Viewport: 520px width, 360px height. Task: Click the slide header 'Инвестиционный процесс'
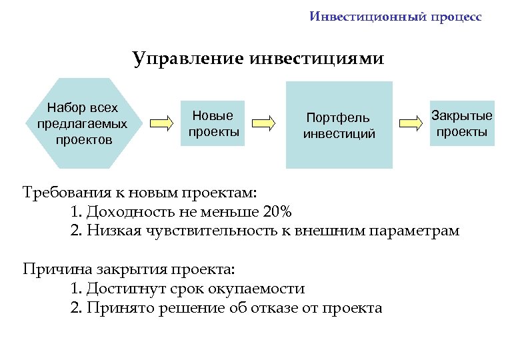click(395, 17)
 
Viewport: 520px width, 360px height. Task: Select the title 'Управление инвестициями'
click(258, 59)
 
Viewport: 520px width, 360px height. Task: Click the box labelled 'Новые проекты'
click(213, 123)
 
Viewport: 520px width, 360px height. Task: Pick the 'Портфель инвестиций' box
click(339, 125)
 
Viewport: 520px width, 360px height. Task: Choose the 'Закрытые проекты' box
click(461, 123)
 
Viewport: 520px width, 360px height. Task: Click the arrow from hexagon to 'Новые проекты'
click(161, 123)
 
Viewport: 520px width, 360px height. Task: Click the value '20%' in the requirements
click(277, 212)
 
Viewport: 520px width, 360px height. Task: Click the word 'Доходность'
click(129, 212)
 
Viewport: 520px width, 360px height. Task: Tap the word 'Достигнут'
click(123, 289)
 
